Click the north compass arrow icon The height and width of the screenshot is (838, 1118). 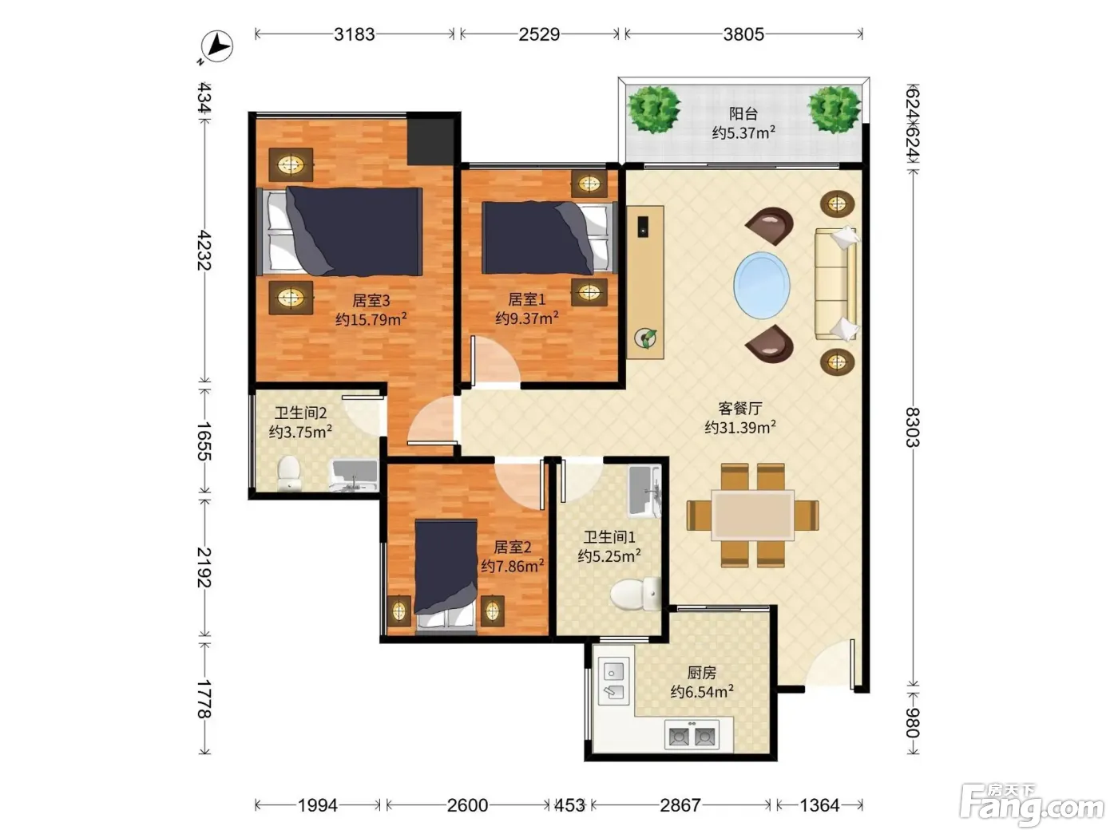(217, 47)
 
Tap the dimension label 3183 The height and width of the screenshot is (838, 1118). (354, 34)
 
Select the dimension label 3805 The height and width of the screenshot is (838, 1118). (743, 34)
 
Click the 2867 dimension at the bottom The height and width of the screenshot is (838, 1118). (680, 805)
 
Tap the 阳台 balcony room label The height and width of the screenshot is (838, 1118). (743, 113)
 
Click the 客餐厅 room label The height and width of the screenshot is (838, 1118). (740, 408)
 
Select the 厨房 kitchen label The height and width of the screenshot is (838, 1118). (701, 673)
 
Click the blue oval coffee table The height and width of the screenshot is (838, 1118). (762, 286)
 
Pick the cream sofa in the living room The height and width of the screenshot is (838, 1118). (836, 283)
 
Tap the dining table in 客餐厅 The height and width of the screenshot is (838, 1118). (752, 515)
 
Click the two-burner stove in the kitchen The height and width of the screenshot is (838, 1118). (692, 734)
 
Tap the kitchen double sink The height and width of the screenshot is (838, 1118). (613, 681)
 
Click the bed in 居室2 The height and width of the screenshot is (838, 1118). (446, 577)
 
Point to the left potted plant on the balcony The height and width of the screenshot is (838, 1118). (653, 109)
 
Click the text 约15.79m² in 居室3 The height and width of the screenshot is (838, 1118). (371, 319)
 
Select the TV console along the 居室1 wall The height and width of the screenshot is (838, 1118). (644, 283)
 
